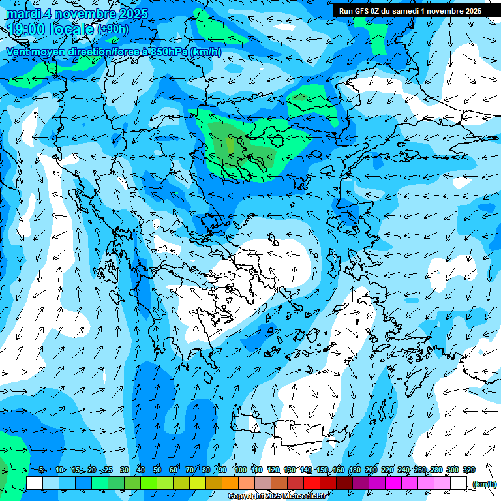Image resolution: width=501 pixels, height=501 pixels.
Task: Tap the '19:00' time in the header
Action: point(28,29)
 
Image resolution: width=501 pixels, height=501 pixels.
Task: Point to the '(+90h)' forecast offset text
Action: point(113,29)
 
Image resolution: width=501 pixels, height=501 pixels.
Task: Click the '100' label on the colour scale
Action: point(241,470)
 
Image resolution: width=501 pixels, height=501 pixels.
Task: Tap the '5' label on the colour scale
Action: point(41,470)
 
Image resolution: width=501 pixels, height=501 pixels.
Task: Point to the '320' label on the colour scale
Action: point(469,470)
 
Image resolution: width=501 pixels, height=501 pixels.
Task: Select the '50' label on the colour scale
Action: point(157,470)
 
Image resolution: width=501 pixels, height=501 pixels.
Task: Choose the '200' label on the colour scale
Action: point(371,470)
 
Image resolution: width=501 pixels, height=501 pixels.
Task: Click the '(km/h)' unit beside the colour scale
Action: point(485,484)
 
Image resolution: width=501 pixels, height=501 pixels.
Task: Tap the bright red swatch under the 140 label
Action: point(312,483)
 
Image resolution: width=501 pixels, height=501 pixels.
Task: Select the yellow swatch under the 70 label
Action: point(181,483)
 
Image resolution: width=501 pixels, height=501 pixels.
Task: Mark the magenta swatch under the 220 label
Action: point(393,483)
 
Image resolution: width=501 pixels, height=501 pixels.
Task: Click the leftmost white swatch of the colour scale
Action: point(35,483)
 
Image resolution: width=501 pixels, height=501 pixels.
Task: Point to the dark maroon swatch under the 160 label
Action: point(344,483)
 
